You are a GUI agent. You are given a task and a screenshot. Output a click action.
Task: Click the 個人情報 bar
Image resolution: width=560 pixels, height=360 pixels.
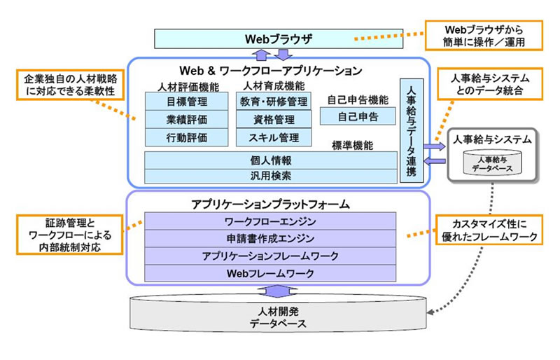pyautogui.click(x=270, y=160)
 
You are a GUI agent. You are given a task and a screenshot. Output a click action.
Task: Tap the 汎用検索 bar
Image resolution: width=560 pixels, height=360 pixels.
pyautogui.click(x=270, y=175)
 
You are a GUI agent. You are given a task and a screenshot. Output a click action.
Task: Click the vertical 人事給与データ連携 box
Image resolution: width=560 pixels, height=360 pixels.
pyautogui.click(x=410, y=132)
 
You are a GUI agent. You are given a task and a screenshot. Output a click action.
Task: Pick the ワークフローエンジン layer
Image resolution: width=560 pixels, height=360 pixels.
pyautogui.click(x=270, y=222)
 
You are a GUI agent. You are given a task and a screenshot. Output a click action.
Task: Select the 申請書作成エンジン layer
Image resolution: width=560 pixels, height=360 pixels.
pyautogui.click(x=270, y=239)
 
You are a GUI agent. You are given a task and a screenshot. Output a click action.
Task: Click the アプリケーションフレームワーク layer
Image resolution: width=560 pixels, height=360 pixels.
pyautogui.click(x=270, y=256)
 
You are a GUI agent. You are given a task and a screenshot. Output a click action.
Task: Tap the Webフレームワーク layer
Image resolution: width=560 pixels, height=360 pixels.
pyautogui.click(x=270, y=272)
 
